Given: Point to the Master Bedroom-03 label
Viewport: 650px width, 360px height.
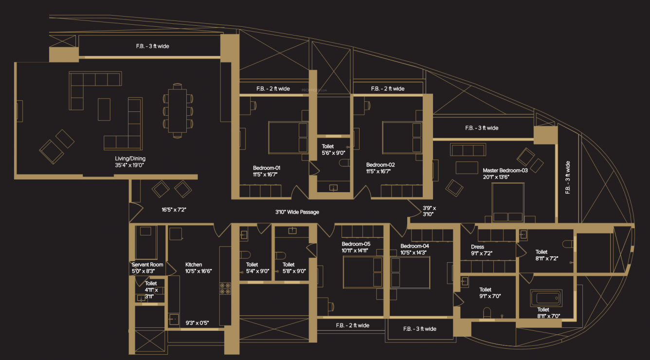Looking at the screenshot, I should (x=505, y=174).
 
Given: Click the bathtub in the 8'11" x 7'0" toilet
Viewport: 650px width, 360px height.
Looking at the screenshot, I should (x=545, y=297).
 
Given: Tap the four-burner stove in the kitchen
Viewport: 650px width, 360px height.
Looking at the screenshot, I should (x=225, y=288).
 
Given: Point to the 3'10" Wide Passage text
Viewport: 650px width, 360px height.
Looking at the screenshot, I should (x=297, y=212).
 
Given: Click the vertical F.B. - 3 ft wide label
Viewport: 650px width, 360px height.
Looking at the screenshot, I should (x=568, y=178).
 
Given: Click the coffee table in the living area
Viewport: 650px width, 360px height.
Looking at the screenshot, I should (x=104, y=109).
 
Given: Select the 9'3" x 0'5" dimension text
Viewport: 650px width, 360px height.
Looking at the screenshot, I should (x=197, y=323).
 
